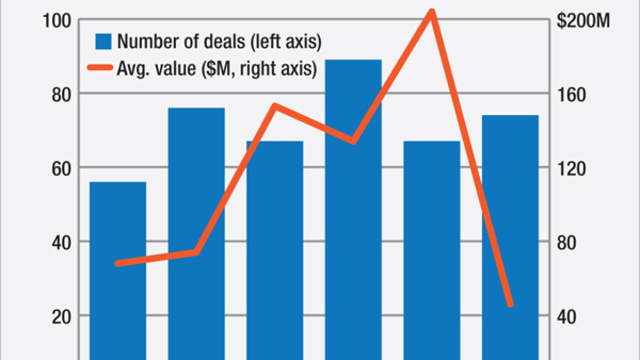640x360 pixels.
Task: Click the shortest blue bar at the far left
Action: tap(118, 270)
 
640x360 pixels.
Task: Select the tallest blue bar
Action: tap(353, 210)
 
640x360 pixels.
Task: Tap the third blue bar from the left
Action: tap(275, 250)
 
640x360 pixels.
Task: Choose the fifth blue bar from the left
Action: tap(431, 250)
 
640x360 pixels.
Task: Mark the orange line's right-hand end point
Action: tap(510, 303)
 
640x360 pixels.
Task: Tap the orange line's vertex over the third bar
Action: tap(275, 105)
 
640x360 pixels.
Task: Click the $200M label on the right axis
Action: tap(583, 21)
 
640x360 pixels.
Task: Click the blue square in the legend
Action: tap(103, 41)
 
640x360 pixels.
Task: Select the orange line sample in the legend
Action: tap(99, 68)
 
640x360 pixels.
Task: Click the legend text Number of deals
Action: tap(180, 41)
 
